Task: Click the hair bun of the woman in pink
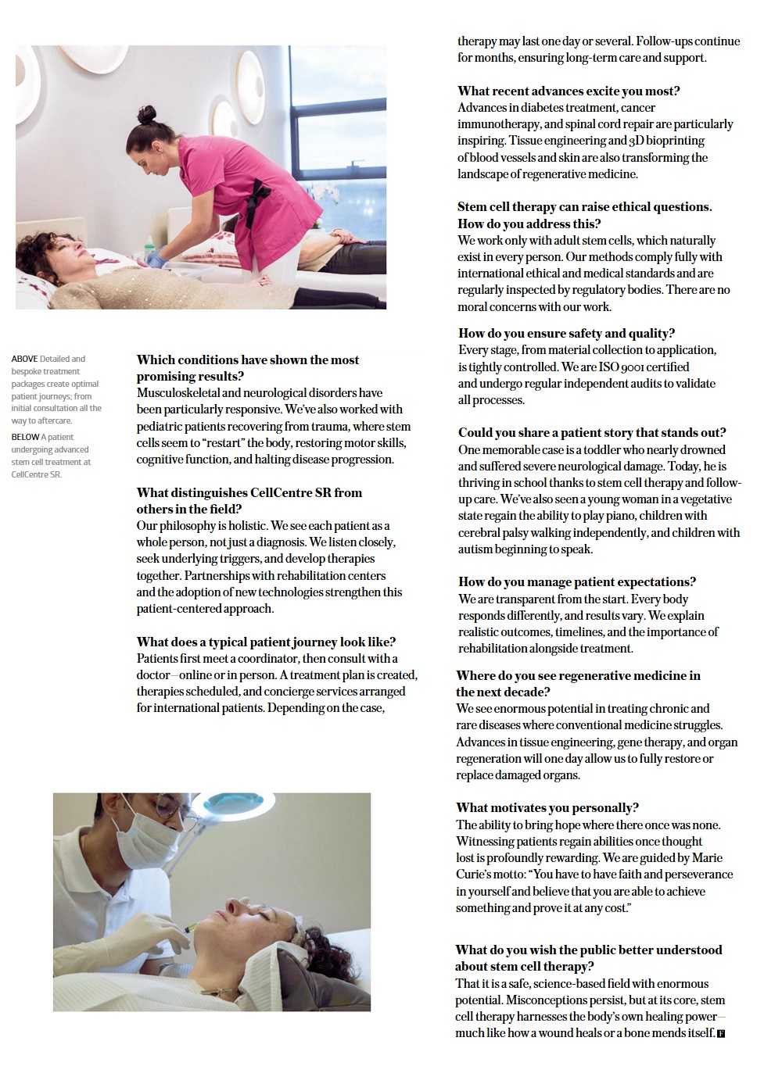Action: pos(146,115)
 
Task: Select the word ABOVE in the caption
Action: pos(24,360)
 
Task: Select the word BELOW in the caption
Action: pos(25,438)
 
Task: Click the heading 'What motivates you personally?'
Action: pos(547,808)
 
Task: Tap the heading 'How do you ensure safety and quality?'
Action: pos(566,334)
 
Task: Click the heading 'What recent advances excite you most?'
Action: pos(569,91)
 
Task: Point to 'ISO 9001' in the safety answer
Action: pos(622,367)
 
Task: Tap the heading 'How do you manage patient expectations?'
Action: pos(576,582)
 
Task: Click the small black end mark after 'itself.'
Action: pos(721,1034)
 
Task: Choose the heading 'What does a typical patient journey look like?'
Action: pos(266,642)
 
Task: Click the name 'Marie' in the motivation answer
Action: pos(707,858)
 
